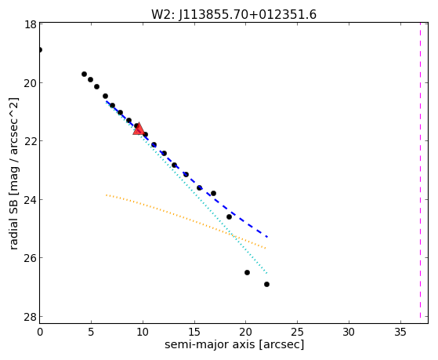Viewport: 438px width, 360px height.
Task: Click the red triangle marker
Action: pos(139,129)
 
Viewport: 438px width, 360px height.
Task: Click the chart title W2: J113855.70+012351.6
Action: pos(233,14)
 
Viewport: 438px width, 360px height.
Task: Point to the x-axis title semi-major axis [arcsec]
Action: pos(234,344)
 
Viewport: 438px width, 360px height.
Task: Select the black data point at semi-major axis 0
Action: pos(40,49)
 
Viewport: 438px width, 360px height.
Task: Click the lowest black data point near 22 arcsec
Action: pos(266,284)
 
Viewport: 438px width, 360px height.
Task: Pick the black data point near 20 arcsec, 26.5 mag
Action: pos(247,272)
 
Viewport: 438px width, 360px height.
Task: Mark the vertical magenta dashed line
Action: pos(420,170)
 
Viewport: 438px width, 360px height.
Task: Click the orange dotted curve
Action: pos(186,218)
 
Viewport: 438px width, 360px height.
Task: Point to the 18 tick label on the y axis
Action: pos(31,24)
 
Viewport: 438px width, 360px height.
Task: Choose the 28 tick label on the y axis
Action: pos(31,317)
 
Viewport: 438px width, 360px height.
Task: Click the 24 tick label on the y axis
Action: pos(31,200)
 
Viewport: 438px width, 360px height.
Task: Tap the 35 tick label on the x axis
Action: pos(400,332)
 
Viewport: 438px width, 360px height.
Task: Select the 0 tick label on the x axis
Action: pos(40,332)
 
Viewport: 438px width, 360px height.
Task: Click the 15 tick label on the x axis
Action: pos(194,332)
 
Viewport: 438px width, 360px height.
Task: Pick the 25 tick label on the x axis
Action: pos(298,332)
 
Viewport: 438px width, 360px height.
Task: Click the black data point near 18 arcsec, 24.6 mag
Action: pos(229,216)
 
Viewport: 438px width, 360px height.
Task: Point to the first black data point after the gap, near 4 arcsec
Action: pos(84,75)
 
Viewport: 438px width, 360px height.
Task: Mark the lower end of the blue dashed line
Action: pos(267,237)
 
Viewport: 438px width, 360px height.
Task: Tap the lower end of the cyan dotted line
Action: pos(267,273)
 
